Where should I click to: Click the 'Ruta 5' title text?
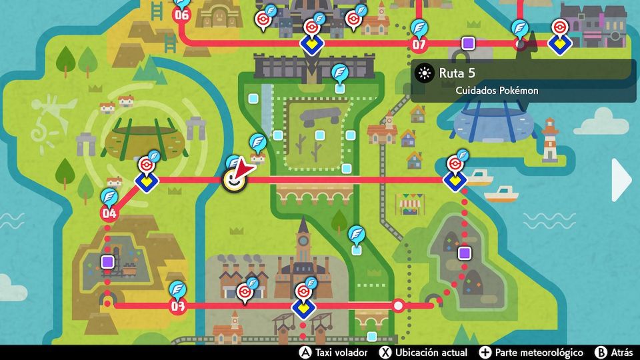click(x=457, y=73)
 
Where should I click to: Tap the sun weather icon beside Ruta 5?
click(x=424, y=73)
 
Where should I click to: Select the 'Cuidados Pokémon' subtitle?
click(x=497, y=91)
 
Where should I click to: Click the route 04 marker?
click(x=109, y=213)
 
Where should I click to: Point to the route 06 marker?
click(x=181, y=15)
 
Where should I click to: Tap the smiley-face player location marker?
click(x=233, y=180)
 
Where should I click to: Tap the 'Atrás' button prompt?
click(x=615, y=352)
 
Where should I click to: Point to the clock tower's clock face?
click(x=304, y=241)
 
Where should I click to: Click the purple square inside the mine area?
click(x=107, y=262)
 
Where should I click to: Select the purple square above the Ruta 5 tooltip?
click(x=468, y=43)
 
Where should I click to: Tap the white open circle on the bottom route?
click(x=399, y=306)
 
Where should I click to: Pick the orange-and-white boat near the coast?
click(x=501, y=194)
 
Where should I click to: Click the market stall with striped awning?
click(x=409, y=203)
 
